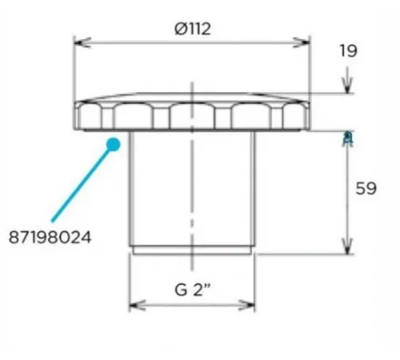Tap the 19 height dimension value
[347, 50]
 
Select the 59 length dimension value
[365, 190]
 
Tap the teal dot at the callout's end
[113, 146]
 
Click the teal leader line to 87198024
[80, 184]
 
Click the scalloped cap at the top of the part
[192, 114]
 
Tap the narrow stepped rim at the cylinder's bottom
[192, 250]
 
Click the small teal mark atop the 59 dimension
[347, 137]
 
